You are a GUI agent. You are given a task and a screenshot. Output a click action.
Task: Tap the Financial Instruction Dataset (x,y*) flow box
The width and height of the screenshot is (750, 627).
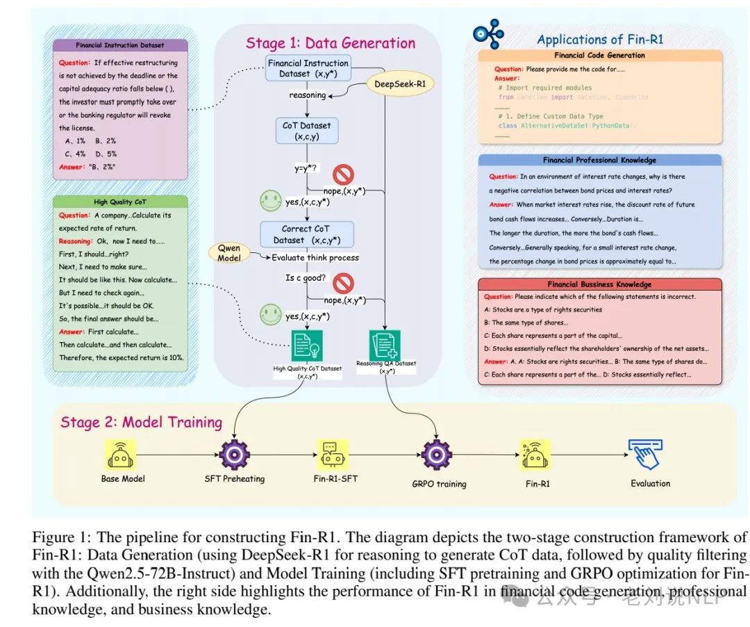point(308,69)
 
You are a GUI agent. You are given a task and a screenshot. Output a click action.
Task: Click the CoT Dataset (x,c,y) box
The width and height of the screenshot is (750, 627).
point(306,131)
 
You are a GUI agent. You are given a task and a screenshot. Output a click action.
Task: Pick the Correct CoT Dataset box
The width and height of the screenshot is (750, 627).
point(306,234)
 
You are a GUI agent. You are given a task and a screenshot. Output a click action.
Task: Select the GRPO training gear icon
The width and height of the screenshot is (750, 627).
point(438,455)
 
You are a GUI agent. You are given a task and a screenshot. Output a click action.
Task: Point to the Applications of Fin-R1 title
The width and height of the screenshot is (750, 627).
point(600,39)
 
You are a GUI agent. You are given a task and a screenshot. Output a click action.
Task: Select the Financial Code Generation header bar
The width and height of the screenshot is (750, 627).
point(599,56)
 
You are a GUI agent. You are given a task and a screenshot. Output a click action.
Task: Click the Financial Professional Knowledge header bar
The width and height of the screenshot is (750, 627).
point(599,161)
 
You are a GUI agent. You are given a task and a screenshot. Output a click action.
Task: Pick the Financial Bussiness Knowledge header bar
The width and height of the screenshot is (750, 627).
point(599,284)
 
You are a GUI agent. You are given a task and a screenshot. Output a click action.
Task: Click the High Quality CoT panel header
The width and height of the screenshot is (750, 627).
point(119,202)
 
